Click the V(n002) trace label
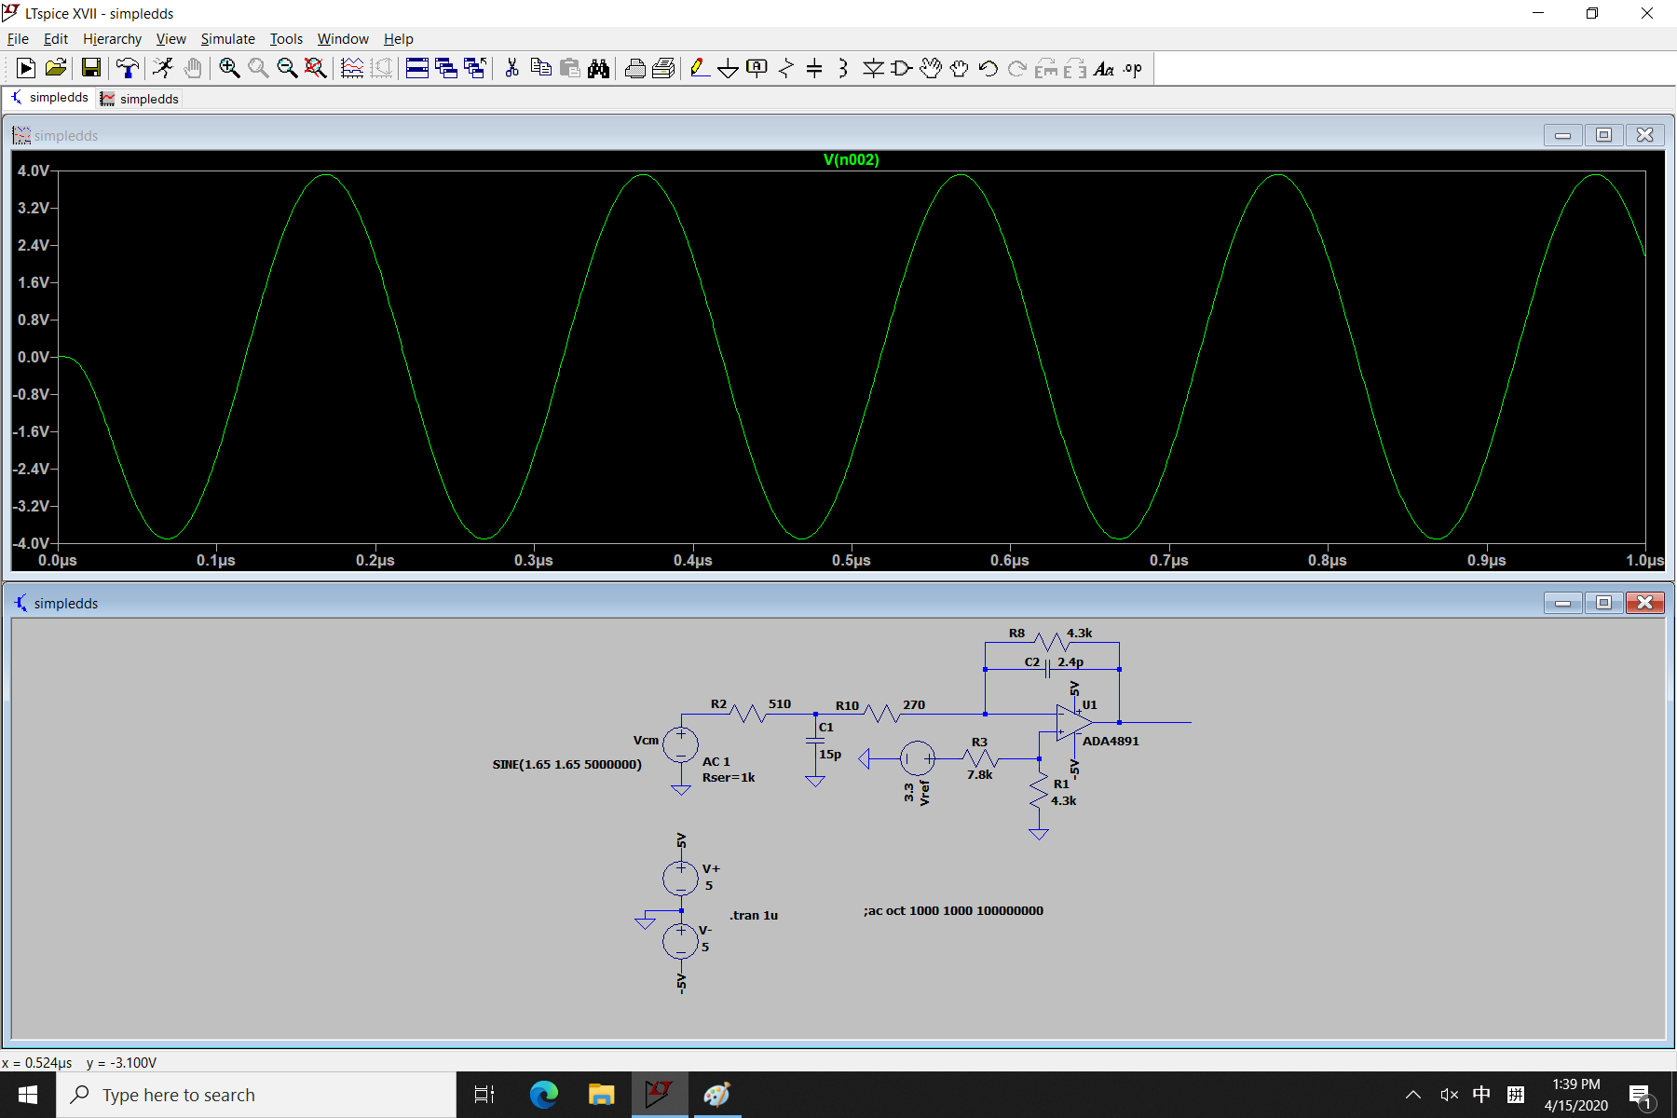tap(851, 159)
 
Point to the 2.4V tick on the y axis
tap(34, 245)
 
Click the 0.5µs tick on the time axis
tap(852, 560)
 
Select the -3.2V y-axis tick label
tap(32, 506)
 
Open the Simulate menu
tap(227, 39)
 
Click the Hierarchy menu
tap(112, 39)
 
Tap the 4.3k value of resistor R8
tap(1079, 633)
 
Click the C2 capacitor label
tap(1031, 661)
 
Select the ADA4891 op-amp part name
tap(1111, 741)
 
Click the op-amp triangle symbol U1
tap(1074, 722)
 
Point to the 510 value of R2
tap(779, 704)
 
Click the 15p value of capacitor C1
tap(830, 754)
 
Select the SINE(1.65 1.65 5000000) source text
tap(566, 764)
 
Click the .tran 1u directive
tap(754, 915)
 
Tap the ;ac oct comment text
tap(953, 910)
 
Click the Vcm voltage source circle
tap(681, 745)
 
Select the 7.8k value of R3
tap(979, 774)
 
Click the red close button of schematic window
tap(1644, 603)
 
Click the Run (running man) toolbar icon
tap(163, 68)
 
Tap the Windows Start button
tap(28, 1095)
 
